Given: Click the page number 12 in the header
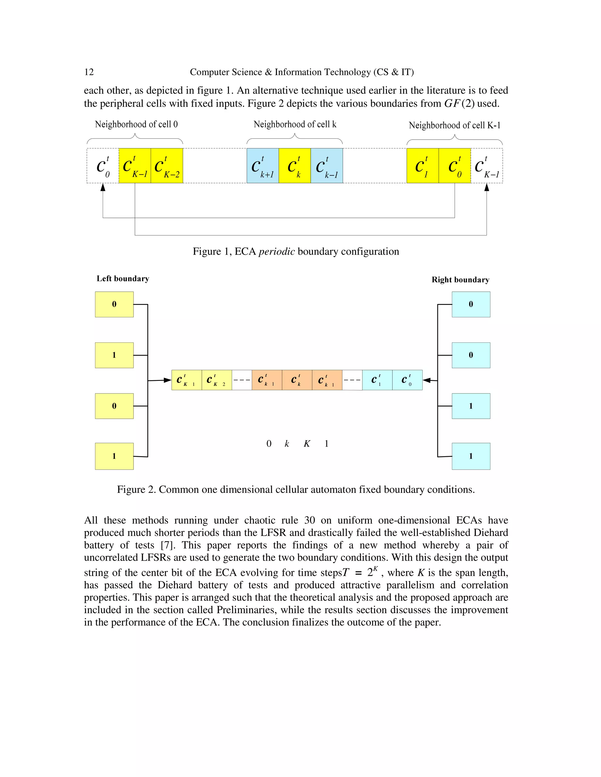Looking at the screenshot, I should click(89, 72).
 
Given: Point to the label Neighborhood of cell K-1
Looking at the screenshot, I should click(454, 125).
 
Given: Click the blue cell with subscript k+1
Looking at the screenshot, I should click(262, 166).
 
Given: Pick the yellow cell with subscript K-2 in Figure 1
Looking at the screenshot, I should click(167, 166).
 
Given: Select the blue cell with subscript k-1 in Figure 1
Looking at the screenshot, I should click(327, 166).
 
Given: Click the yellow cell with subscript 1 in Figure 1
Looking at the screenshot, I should click(422, 166).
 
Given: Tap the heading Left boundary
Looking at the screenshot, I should click(123, 279).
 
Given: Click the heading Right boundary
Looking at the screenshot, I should click(460, 280).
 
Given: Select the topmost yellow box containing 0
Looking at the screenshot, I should click(114, 304).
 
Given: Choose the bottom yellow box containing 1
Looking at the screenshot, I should click(114, 456).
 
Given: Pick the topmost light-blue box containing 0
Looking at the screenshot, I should click(471, 304).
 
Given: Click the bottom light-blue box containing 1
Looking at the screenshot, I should click(471, 456).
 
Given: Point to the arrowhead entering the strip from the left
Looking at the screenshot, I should click(168, 380).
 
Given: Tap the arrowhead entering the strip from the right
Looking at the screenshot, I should click(426, 380).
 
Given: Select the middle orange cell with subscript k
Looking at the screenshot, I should click(297, 380).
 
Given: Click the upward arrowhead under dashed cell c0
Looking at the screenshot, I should click(103, 187).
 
